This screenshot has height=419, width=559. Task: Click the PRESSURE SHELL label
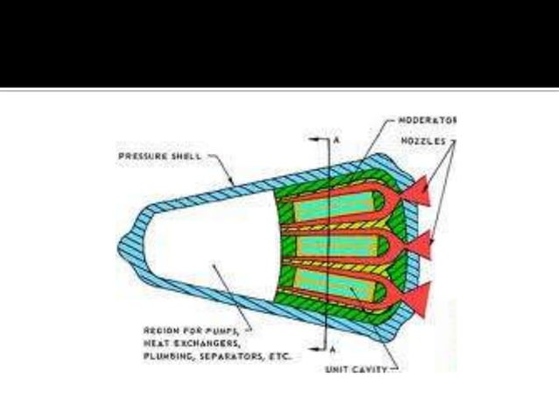pyautogui.click(x=157, y=157)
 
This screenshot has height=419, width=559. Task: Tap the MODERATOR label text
pyautogui.click(x=428, y=119)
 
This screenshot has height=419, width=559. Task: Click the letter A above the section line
pyautogui.click(x=336, y=140)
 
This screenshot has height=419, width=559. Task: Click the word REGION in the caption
pyautogui.click(x=161, y=332)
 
